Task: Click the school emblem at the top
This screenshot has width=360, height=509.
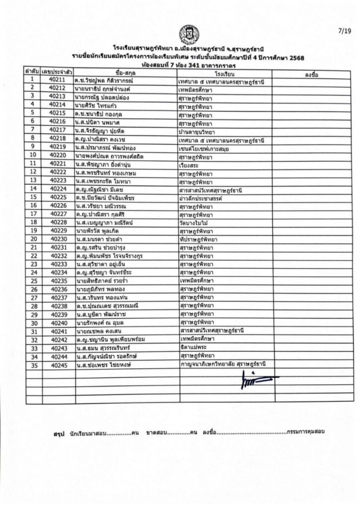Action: [x=188, y=34]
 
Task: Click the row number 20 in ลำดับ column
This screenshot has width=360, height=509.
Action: [x=32, y=239]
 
